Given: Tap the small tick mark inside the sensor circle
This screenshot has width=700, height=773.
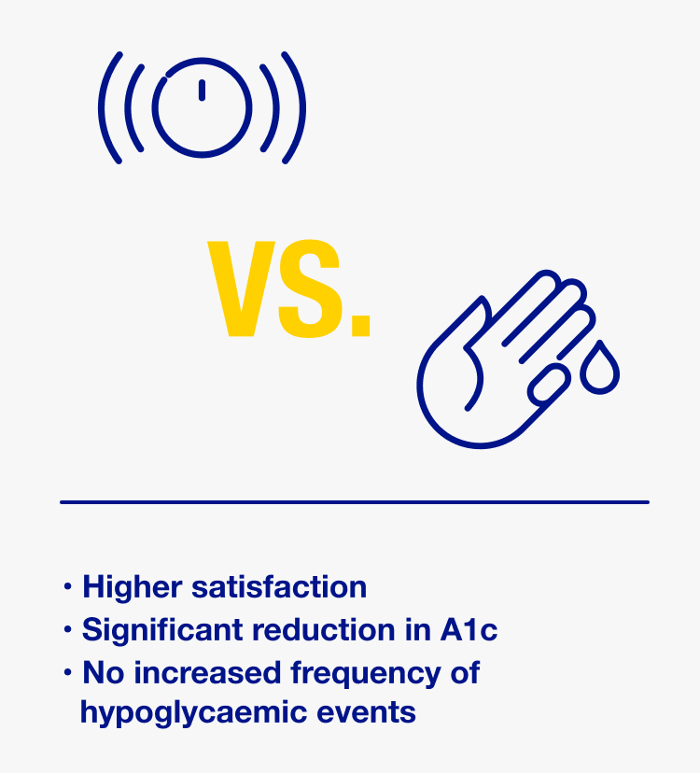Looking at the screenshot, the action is [x=203, y=91].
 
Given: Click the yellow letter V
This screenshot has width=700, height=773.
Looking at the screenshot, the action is [x=241, y=288].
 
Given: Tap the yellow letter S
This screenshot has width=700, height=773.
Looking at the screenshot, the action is [x=310, y=288].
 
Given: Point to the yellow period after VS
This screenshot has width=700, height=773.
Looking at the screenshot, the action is [x=360, y=326].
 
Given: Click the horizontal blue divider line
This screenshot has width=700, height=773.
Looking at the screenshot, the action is [x=355, y=502].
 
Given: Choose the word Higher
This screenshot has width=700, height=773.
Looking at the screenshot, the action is [x=133, y=587].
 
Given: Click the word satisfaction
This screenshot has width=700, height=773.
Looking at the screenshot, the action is [x=279, y=587].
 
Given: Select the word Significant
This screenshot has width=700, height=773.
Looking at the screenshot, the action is [x=162, y=630].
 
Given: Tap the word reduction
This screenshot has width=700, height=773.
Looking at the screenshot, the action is [x=324, y=630].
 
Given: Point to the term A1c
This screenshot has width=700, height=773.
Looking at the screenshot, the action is [x=469, y=630].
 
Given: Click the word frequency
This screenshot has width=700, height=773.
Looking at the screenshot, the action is [x=365, y=673].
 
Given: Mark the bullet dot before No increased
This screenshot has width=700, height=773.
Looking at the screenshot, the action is [x=67, y=672].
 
